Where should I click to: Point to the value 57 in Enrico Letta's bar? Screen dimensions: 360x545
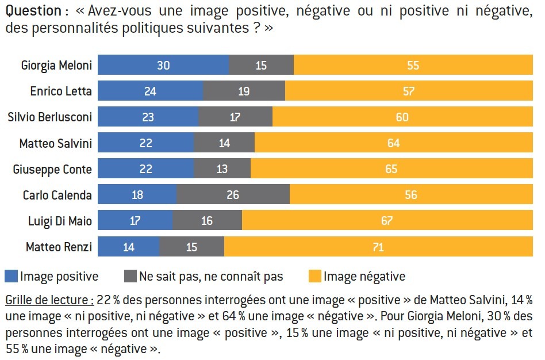(x=409, y=91)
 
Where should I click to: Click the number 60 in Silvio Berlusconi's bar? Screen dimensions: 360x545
(x=402, y=117)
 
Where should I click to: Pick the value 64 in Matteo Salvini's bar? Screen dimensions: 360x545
(x=393, y=143)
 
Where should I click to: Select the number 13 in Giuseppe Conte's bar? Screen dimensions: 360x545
(x=222, y=169)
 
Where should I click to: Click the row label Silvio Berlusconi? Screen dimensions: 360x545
(x=49, y=117)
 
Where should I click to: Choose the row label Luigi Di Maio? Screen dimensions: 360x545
(x=60, y=221)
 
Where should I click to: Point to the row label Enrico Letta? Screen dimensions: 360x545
(x=61, y=91)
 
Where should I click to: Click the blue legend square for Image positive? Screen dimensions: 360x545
(x=11, y=276)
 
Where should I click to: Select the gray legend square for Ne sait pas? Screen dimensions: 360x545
(x=130, y=276)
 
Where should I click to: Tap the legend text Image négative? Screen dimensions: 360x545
(x=364, y=277)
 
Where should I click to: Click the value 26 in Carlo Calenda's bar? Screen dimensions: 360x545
(x=233, y=195)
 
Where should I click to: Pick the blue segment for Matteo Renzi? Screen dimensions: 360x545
(x=128, y=247)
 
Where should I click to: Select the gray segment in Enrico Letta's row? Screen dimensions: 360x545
(x=244, y=91)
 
